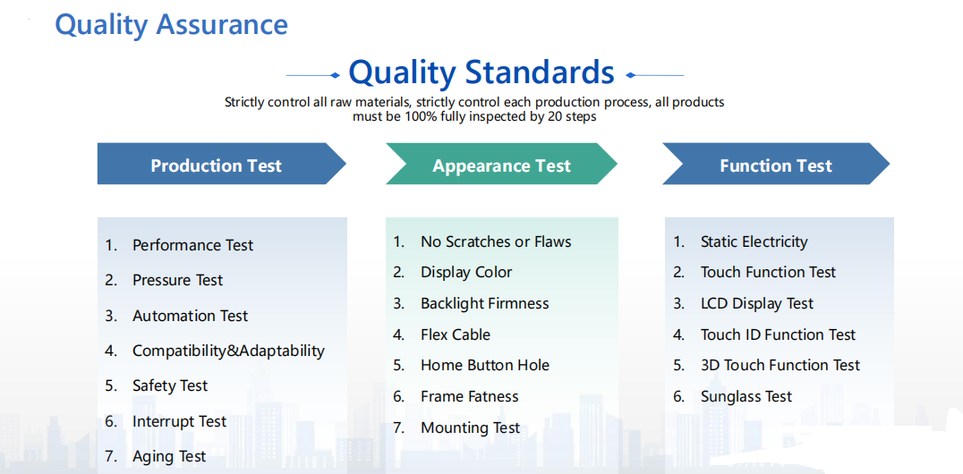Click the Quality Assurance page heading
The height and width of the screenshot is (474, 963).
[x=171, y=25]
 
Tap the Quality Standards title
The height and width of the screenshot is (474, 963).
[x=481, y=72]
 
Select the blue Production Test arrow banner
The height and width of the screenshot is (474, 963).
[x=222, y=164]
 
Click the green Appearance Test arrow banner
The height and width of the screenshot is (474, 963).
[x=502, y=164]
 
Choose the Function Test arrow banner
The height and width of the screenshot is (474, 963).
[x=776, y=164]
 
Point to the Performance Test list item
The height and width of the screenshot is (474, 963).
[x=192, y=245]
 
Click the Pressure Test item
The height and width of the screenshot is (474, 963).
[x=177, y=280]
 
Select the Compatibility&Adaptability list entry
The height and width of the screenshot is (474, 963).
[x=228, y=351]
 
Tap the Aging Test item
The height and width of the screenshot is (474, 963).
[x=169, y=457]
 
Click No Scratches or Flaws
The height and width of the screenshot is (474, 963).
[x=496, y=241]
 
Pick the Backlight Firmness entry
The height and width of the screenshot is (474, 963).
[x=484, y=303]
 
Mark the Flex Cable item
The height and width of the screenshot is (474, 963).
[x=455, y=334]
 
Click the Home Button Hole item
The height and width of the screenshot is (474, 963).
[x=484, y=365]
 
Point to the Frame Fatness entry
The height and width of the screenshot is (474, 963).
[x=469, y=396]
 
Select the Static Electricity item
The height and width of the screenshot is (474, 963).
[x=754, y=241]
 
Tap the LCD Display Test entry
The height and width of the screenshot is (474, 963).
[x=756, y=303]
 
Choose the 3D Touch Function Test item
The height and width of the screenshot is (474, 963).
[x=780, y=365]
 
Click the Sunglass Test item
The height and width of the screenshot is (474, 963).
[x=746, y=396]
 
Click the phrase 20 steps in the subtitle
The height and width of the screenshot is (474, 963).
[x=570, y=116]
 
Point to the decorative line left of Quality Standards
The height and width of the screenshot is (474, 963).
[x=312, y=75]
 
